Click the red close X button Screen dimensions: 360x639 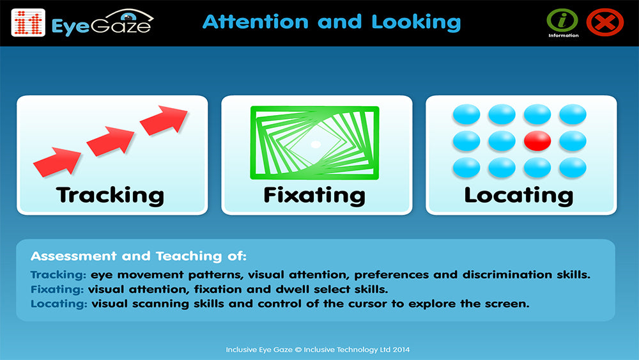[x=604, y=23]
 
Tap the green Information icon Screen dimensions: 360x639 [x=562, y=20]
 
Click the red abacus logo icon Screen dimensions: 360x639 [x=28, y=22]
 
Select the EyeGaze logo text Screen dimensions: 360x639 [x=101, y=24]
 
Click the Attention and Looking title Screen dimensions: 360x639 [x=331, y=22]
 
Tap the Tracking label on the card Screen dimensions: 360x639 [x=110, y=194]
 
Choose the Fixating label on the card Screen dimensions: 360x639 [x=314, y=194]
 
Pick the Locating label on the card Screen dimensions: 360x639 [x=518, y=194]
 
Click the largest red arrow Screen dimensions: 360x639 [x=164, y=120]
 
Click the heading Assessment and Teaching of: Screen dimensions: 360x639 [x=137, y=257]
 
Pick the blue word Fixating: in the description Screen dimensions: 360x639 [x=58, y=290]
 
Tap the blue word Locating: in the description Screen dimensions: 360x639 [x=59, y=304]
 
